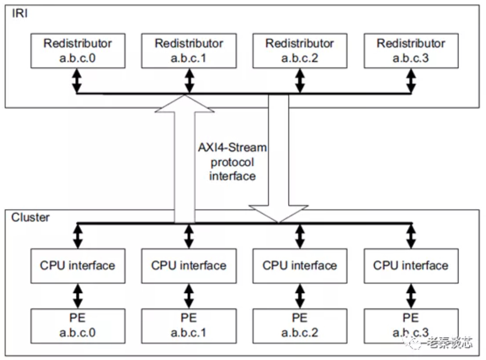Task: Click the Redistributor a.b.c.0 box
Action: coord(78,51)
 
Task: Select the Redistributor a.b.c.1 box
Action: coord(189,51)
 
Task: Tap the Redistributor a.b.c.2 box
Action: coord(300,51)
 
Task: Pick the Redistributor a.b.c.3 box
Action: coord(411,51)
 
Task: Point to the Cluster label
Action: coord(30,217)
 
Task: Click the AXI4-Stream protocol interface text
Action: coord(232,161)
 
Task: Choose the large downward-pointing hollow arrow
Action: coord(278,159)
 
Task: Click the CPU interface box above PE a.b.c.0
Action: coord(78,266)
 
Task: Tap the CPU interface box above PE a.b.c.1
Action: coord(189,266)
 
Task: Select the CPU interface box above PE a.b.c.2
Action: coord(300,266)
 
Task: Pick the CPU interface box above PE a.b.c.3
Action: coord(411,266)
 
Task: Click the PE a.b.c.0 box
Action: coord(78,326)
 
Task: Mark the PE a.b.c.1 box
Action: coord(189,326)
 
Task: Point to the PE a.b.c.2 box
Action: coord(300,326)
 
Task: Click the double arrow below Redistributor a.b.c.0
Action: coord(77,80)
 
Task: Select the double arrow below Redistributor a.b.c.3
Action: coord(411,80)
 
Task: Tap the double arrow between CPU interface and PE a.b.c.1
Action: coord(189,296)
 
